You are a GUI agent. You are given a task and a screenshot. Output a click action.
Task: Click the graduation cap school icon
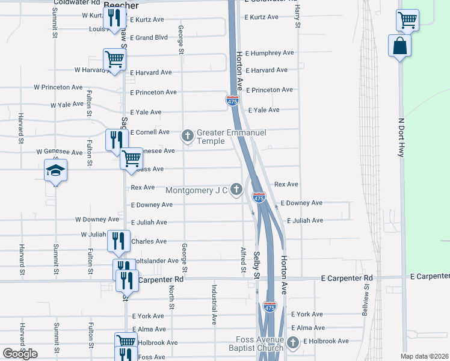tap(55, 170)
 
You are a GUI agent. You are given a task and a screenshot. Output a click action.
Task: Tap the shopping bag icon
tap(399, 46)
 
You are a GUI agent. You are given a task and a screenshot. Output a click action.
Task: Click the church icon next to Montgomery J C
tap(236, 190)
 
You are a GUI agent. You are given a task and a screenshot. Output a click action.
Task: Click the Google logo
tap(20, 353)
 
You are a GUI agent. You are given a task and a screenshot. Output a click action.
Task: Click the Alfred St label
tap(244, 259)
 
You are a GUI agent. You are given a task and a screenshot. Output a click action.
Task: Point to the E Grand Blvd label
tap(149, 37)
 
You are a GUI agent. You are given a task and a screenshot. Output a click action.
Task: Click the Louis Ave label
tap(100, 29)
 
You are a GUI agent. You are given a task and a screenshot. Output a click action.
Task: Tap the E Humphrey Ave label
tap(269, 53)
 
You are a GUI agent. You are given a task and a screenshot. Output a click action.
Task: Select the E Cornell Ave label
tap(150, 132)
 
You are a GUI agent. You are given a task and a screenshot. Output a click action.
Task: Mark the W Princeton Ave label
tap(58, 87)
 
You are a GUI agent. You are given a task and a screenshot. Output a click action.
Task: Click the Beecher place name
tap(121, 5)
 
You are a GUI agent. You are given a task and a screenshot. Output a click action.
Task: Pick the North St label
tap(171, 298)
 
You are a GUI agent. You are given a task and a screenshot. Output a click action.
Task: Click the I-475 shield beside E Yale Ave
tap(233, 100)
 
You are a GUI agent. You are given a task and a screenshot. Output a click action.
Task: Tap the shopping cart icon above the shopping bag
tap(407, 20)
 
